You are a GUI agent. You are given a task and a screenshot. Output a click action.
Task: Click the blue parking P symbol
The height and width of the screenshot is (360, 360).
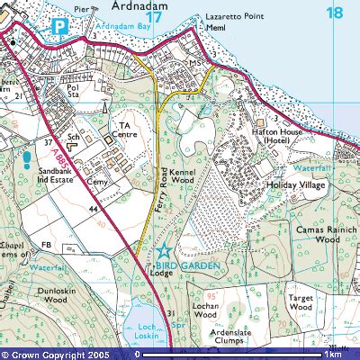pos(60,27)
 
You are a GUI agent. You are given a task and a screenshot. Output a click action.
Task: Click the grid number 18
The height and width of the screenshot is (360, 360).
pos(335,13)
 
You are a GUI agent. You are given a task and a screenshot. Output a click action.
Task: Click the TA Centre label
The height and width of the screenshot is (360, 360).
pos(125,131)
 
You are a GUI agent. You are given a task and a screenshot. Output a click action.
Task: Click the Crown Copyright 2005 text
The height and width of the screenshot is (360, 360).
pos(59,355)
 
